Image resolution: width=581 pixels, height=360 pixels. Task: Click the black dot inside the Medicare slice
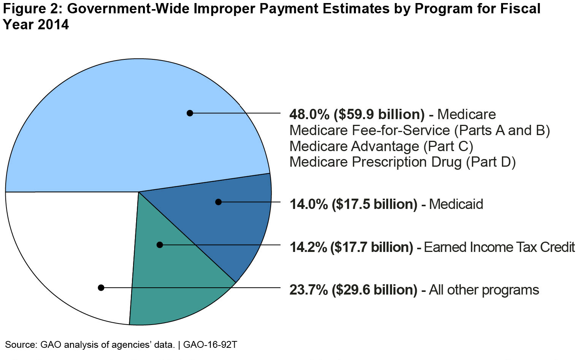point(190,113)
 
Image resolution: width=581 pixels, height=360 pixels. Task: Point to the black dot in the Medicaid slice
point(218,202)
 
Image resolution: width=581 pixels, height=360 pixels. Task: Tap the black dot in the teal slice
point(160,245)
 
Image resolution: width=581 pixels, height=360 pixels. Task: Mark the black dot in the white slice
point(101,288)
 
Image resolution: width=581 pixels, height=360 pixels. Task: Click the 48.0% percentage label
point(309,115)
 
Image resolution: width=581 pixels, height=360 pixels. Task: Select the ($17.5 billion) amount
point(375,204)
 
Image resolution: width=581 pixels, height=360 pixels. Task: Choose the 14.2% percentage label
point(308,247)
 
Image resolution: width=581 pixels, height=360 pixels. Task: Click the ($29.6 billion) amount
point(375,290)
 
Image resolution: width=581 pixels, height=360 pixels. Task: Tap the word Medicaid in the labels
point(456,204)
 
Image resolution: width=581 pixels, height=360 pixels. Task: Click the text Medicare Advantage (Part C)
point(381,147)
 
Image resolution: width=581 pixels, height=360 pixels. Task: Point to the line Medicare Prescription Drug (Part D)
point(402,162)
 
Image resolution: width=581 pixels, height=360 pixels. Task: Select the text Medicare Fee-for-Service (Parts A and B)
point(419,131)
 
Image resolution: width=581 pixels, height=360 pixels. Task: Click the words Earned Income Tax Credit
point(499,247)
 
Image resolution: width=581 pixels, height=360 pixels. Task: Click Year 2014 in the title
point(36,25)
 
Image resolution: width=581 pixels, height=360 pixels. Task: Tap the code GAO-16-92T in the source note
point(210,345)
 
